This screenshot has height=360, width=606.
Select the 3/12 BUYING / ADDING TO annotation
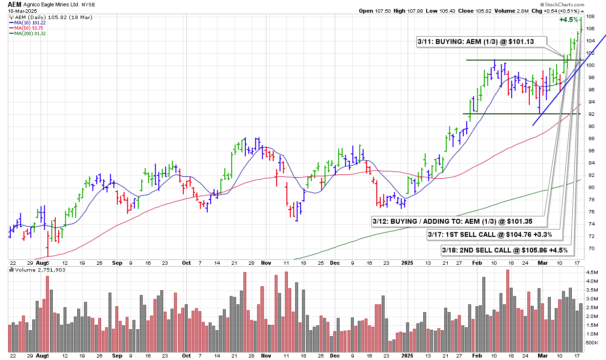pyautogui.click(x=458, y=221)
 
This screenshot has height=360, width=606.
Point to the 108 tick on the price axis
pyautogui.click(x=590, y=17)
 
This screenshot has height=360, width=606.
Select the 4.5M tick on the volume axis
pyautogui.click(x=592, y=272)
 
